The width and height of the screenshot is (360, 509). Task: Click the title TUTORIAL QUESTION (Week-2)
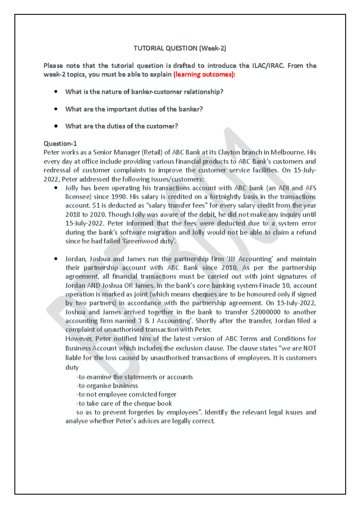180,48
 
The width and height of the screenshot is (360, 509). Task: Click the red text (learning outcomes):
204,74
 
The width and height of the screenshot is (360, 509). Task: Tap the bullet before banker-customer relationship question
56,92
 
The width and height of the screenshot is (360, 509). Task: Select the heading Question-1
60,144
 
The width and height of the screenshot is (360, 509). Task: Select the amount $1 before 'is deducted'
96,206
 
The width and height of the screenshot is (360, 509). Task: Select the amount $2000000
265,312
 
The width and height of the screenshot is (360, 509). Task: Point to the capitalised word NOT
310,348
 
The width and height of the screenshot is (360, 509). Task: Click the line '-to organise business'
107,386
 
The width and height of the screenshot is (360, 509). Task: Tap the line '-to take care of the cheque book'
124,403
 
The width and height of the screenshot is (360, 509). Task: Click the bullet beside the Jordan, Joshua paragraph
56,259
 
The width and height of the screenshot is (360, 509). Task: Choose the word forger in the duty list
167,394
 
